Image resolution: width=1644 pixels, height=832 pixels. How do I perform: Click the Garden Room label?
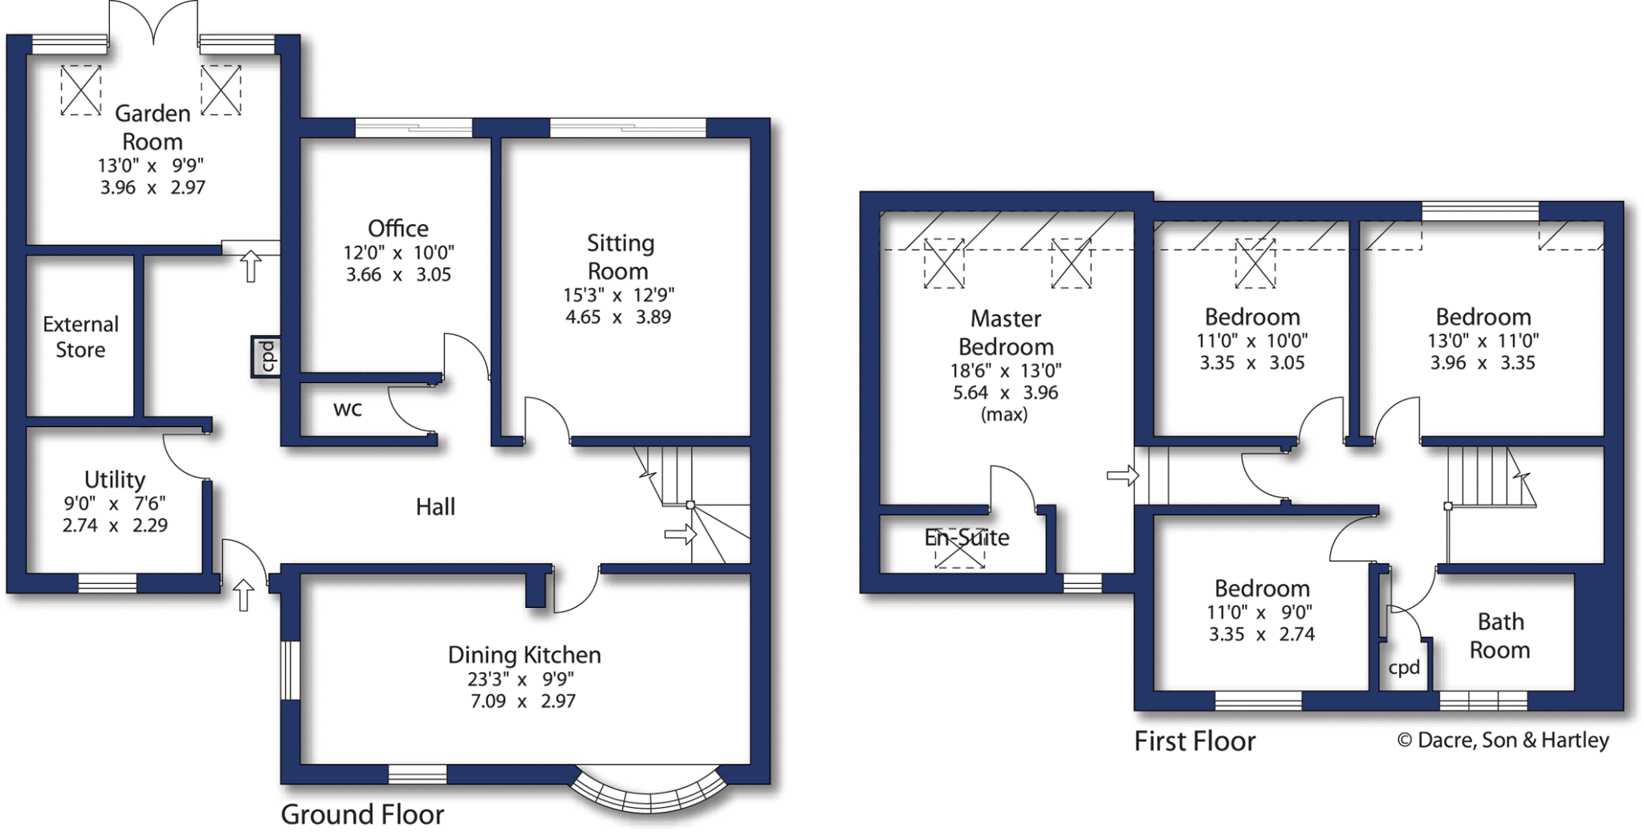click(x=153, y=128)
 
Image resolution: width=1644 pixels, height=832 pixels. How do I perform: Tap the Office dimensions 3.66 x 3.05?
click(x=398, y=275)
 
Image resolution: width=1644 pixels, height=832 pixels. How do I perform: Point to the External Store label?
click(x=80, y=337)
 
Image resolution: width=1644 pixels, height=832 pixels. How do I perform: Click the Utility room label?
click(x=115, y=479)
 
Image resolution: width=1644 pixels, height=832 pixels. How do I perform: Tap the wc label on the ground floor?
click(x=348, y=409)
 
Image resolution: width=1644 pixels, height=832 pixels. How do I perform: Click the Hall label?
click(x=435, y=507)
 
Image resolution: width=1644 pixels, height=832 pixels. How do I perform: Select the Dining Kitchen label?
click(x=524, y=655)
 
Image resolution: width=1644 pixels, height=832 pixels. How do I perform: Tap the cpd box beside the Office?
click(x=267, y=357)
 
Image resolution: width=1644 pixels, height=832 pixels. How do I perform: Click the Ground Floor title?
click(x=362, y=814)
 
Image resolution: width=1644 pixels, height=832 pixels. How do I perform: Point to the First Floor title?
click(x=1194, y=741)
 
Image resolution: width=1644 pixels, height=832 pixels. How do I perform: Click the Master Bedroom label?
click(x=1006, y=332)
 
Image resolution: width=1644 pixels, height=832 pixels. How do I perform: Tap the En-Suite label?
click(x=966, y=537)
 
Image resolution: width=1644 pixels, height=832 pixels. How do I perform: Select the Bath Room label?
click(x=1500, y=635)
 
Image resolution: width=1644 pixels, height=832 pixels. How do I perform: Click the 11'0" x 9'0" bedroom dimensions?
click(x=1262, y=612)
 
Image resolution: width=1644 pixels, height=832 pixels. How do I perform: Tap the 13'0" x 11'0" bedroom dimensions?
click(x=1483, y=341)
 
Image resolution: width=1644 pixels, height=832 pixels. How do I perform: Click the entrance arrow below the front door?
click(x=243, y=595)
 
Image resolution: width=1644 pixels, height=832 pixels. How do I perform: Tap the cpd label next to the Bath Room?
click(x=1404, y=667)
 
